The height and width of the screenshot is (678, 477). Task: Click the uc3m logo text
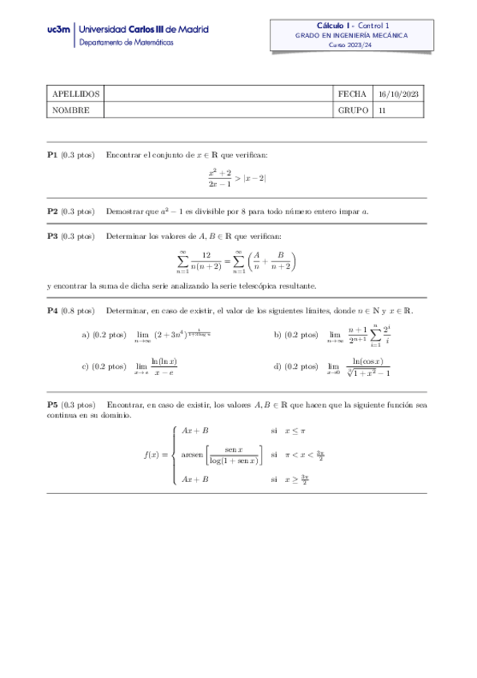click(x=58, y=30)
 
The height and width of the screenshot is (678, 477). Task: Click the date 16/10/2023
click(x=398, y=94)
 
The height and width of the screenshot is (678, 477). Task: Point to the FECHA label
click(x=353, y=94)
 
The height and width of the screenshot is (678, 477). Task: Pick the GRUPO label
click(x=354, y=110)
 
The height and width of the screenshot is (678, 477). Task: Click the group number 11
click(x=382, y=110)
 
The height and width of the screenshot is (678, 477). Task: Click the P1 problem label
click(x=52, y=154)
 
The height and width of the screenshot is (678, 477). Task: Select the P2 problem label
click(x=52, y=212)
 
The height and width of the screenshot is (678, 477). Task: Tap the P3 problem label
click(x=52, y=236)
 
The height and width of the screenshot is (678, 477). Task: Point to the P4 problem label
click(x=52, y=309)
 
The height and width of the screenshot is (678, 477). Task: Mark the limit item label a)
click(x=85, y=335)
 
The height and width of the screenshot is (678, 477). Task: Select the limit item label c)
click(x=85, y=366)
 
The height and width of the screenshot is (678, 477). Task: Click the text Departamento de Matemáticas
click(x=124, y=42)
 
